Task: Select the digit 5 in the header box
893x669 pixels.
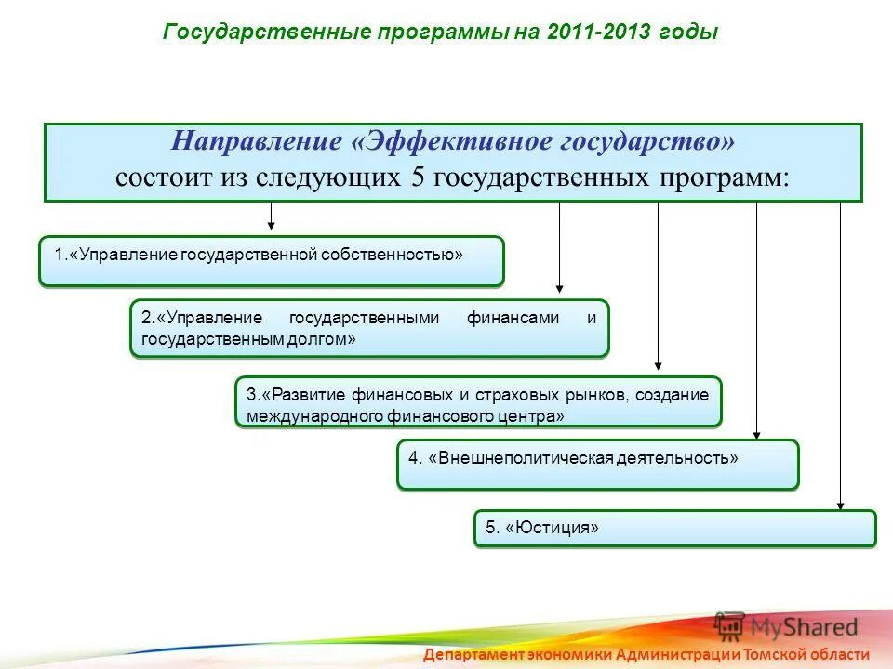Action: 418,177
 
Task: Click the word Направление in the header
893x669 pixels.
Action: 258,142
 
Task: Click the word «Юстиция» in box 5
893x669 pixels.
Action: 553,528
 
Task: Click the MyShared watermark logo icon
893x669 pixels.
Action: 730,625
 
